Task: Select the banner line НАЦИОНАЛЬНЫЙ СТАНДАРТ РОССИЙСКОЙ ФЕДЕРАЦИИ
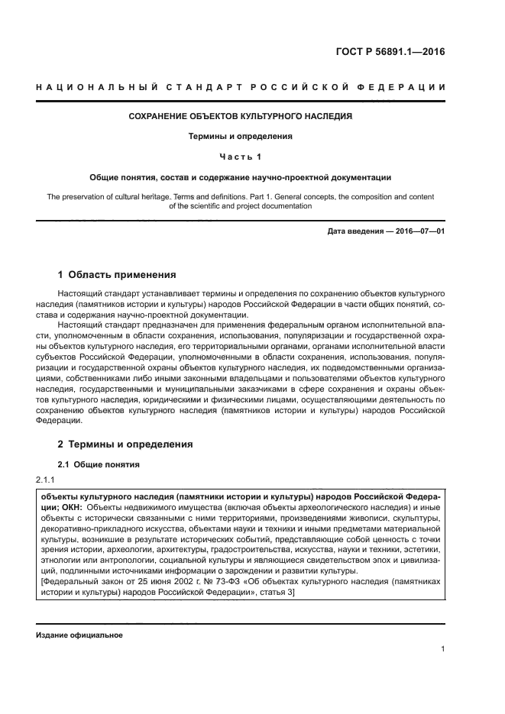(241, 86)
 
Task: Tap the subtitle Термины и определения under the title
(241, 137)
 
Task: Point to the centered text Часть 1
(241, 157)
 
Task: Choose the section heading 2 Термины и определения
(126, 444)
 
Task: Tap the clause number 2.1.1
(47, 480)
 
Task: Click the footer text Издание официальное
(79, 635)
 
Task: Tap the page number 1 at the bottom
(442, 649)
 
